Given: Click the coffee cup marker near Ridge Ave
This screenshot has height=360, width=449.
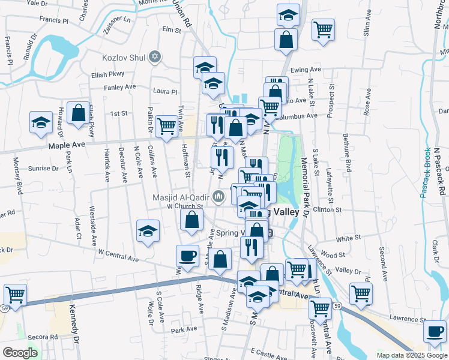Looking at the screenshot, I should tap(187, 256).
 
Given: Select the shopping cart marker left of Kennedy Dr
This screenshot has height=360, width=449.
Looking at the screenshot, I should tap(15, 295).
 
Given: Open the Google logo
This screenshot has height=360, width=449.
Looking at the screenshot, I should tap(20, 353).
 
